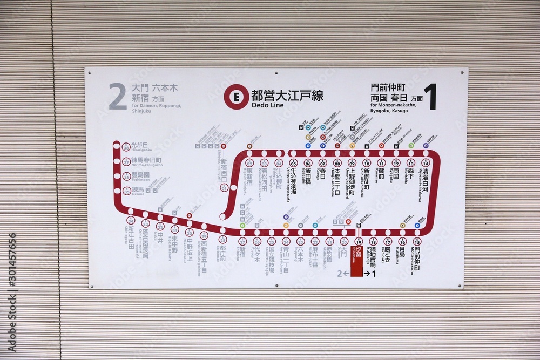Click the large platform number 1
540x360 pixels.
pos(429,97)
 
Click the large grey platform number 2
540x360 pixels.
pos(118,97)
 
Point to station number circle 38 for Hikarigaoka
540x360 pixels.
pos(126,147)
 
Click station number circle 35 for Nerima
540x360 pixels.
pos(126,190)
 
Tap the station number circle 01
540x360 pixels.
pos(224,187)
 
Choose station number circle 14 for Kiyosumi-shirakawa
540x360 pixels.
pos(426,162)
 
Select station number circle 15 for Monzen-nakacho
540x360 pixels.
pos(417,241)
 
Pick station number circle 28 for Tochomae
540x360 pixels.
pos(222,240)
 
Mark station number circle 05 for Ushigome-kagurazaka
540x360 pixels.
pos(294,162)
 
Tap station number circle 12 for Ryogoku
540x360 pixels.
pos(396,162)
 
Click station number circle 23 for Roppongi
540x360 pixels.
pos(300,241)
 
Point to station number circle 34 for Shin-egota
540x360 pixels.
pos(131,220)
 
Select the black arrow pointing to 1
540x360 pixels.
pos(370,274)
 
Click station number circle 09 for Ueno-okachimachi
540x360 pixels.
pos(352,162)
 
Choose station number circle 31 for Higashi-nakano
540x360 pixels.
pos(174,229)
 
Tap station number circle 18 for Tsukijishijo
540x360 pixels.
pos(373,241)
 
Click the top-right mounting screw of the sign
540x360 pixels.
pos(461,71)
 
